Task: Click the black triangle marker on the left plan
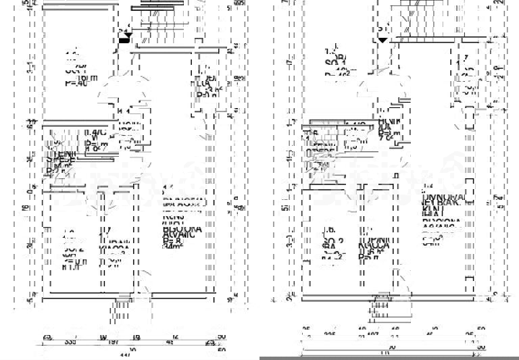point(124,38)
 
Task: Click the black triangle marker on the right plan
point(382,38)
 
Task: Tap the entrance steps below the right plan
point(381,310)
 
